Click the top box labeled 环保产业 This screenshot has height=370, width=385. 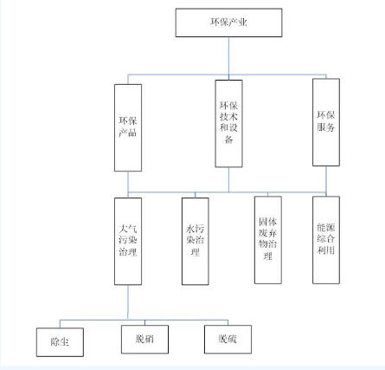click(228, 23)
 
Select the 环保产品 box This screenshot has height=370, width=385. click(128, 127)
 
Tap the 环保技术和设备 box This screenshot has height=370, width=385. click(228, 124)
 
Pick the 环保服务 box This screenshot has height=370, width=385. click(326, 122)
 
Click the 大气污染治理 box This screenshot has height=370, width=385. click(128, 241)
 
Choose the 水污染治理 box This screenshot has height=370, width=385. click(196, 241)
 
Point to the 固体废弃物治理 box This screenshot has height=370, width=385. click(268, 240)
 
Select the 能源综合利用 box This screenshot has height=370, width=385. click(326, 240)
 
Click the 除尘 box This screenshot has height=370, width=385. click(60, 342)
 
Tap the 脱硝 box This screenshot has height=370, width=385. click(144, 340)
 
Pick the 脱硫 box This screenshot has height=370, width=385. click(228, 340)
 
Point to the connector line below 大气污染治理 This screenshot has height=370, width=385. click(128, 302)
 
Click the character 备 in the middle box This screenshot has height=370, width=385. click(228, 140)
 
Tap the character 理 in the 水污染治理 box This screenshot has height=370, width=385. click(196, 252)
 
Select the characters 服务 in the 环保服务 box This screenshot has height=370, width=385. click(326, 127)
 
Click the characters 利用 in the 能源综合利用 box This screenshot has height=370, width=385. click(326, 250)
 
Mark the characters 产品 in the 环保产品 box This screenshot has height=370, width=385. click(128, 133)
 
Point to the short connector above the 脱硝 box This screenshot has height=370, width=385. click(144, 322)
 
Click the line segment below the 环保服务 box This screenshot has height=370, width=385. click(326, 181)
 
